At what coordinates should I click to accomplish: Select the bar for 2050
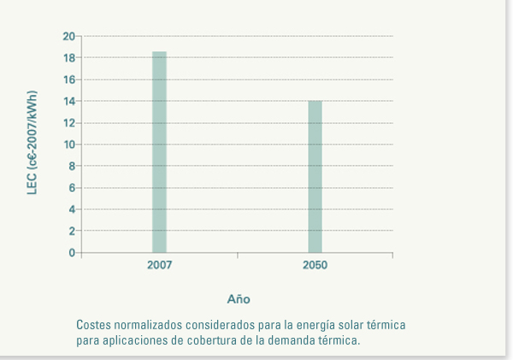pyautogui.click(x=315, y=176)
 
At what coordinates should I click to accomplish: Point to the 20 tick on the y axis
pyautogui.click(x=69, y=36)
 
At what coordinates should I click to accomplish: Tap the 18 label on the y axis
pyautogui.click(x=69, y=58)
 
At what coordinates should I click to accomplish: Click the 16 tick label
pyautogui.click(x=69, y=80)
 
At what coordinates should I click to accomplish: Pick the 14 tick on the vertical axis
pyautogui.click(x=69, y=101)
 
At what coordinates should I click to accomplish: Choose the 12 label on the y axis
pyautogui.click(x=69, y=123)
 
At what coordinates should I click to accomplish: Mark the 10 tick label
pyautogui.click(x=69, y=145)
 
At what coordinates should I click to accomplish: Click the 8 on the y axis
pyautogui.click(x=72, y=166)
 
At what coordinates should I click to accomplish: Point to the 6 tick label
pyautogui.click(x=72, y=188)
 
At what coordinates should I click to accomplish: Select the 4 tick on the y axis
pyautogui.click(x=72, y=210)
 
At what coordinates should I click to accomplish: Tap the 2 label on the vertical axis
pyautogui.click(x=72, y=231)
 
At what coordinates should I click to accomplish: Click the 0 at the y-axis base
pyautogui.click(x=72, y=253)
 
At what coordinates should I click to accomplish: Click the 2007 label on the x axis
pyautogui.click(x=159, y=266)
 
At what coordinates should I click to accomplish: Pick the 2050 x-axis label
pyautogui.click(x=315, y=266)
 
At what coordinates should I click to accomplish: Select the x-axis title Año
pyautogui.click(x=238, y=299)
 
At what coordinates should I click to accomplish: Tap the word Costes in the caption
pyautogui.click(x=94, y=326)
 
